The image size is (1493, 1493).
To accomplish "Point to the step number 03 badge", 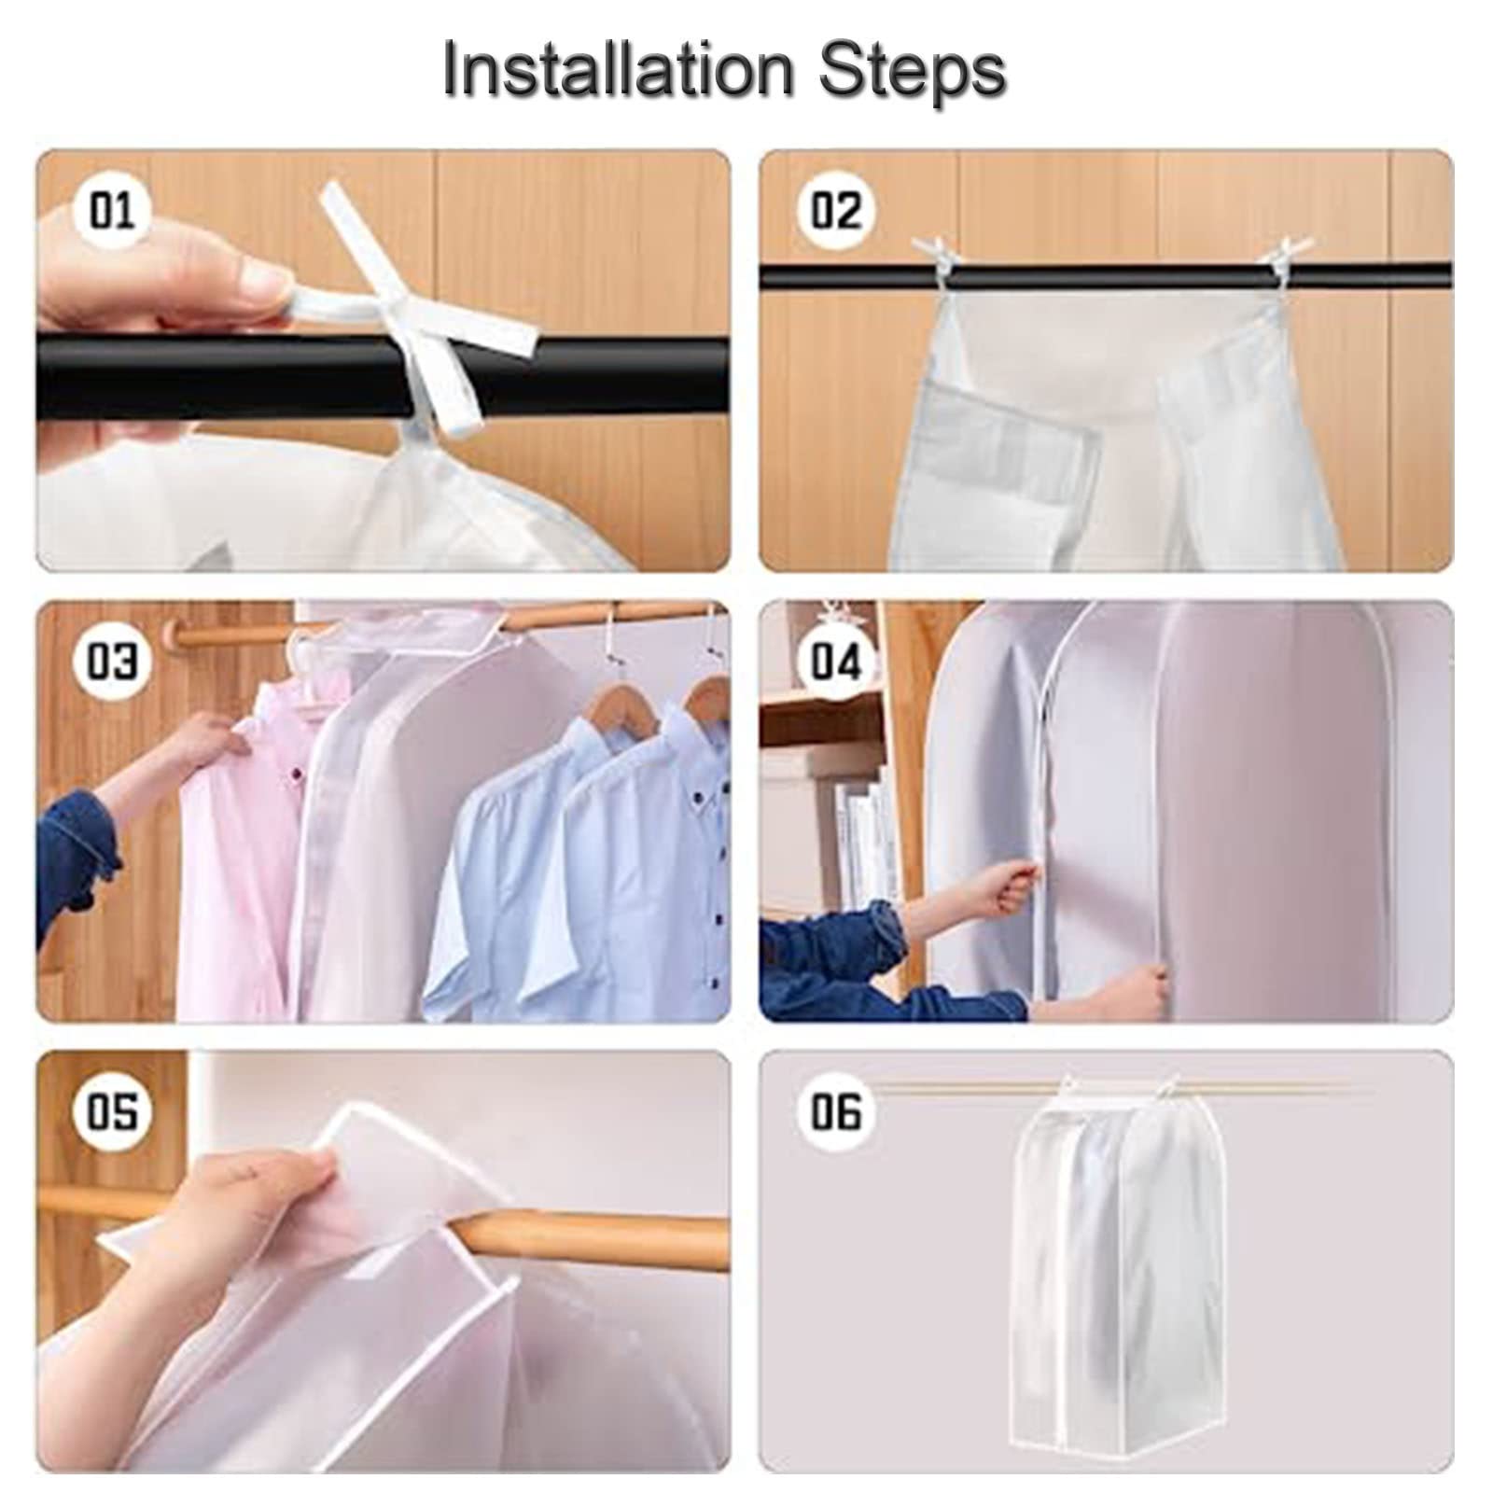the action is (x=112, y=661).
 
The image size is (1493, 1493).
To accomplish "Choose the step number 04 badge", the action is (x=836, y=661).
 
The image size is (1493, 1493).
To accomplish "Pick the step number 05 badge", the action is (x=112, y=1112).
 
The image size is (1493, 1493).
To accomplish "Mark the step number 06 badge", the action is (x=836, y=1112).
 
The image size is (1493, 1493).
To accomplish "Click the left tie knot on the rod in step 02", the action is (x=939, y=256).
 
